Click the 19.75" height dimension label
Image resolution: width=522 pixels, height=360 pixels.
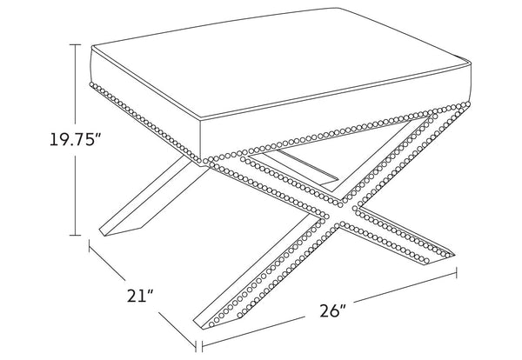coord(75,139)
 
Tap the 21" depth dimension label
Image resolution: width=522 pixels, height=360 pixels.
coord(140,296)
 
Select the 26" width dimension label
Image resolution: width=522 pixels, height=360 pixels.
coord(333,310)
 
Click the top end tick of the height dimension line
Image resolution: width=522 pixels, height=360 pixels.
coord(76,44)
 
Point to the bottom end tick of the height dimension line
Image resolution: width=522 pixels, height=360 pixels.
coord(76,236)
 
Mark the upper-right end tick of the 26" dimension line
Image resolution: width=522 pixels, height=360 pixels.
coord(456,272)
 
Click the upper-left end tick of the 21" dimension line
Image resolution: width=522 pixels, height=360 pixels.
coord(90,246)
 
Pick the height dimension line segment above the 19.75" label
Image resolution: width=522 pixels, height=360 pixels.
coord(76,85)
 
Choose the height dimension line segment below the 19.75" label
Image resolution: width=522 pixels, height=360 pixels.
coord(76,196)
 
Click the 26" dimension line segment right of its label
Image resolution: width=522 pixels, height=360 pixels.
coord(405,287)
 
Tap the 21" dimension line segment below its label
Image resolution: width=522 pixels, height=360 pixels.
coord(177,329)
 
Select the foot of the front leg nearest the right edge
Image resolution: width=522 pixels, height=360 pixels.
coord(438,258)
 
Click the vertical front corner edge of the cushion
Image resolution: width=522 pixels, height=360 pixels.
coord(200,140)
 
